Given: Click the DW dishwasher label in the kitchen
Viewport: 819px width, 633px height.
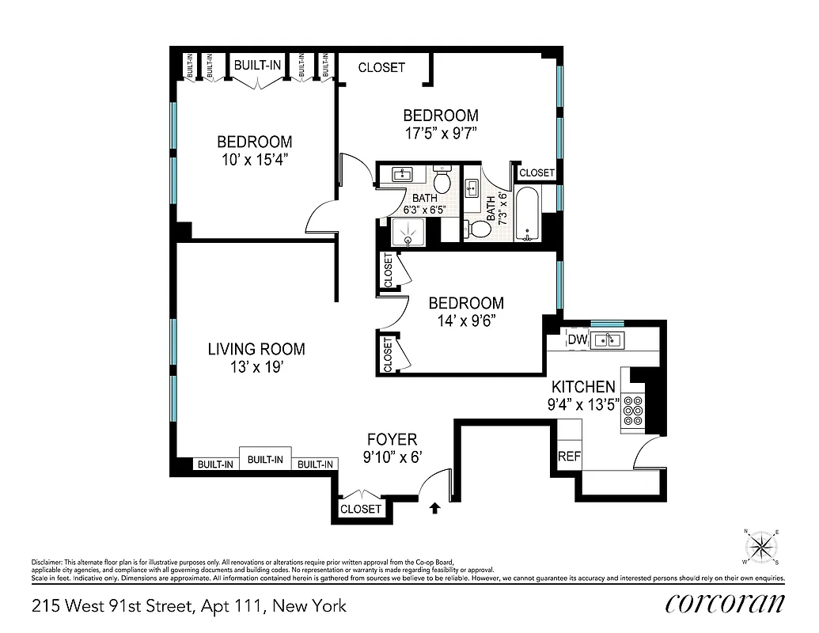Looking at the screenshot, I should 577,340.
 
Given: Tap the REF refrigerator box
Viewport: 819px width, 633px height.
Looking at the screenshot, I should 568,457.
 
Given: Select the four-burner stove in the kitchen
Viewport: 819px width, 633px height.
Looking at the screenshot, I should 633,411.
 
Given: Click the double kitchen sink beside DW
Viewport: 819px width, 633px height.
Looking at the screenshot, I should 607,340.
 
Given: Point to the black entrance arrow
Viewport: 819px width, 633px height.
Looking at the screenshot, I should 433,507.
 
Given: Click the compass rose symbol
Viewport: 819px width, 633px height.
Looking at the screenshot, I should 761,545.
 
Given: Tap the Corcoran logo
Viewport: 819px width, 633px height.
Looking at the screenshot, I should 725,603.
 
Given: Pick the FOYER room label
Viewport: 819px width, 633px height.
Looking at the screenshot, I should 391,439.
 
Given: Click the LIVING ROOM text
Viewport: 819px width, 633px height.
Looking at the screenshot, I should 256,349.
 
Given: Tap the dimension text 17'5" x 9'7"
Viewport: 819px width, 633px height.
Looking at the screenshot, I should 441,133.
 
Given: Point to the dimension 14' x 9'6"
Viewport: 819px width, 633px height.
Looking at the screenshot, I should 466,320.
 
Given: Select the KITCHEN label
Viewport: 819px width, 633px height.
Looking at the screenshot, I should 583,387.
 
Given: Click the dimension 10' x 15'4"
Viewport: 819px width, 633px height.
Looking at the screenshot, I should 254,159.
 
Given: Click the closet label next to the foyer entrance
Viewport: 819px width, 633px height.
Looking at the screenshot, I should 360,509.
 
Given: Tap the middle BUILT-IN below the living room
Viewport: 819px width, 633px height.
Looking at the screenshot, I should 265,459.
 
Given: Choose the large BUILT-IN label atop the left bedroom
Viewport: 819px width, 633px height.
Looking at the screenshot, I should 257,66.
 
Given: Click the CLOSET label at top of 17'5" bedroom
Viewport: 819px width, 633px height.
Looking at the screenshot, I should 381,68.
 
